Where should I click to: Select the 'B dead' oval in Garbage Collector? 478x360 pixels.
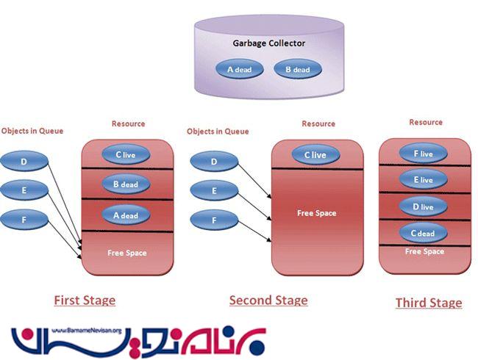(x=297, y=70)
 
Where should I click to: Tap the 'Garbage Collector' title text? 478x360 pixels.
(x=269, y=43)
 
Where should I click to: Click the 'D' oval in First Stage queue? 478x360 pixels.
(x=25, y=161)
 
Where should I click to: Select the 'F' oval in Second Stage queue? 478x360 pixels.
(x=214, y=220)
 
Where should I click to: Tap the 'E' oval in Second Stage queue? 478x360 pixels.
(x=214, y=191)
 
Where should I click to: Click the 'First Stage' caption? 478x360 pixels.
(x=85, y=300)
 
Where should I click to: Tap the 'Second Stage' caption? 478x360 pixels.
(x=268, y=300)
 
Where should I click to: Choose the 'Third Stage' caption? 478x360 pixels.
(x=429, y=303)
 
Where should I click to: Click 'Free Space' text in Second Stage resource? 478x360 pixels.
(x=316, y=213)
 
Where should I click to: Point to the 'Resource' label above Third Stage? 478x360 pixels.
(x=426, y=123)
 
